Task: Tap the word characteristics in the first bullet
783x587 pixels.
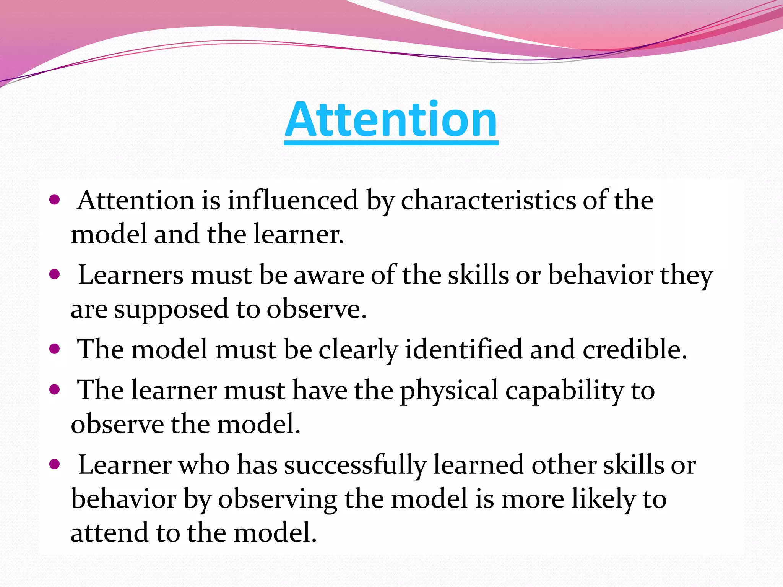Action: pos(488,200)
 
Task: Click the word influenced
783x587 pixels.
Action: pos(293,200)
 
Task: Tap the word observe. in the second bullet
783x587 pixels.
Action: pos(317,309)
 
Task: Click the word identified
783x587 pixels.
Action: pos(463,349)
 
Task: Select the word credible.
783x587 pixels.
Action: pos(635,349)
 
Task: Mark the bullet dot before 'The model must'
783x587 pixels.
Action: pos(55,349)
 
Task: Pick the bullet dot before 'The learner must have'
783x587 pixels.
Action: pos(55,389)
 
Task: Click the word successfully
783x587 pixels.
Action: pos(355,465)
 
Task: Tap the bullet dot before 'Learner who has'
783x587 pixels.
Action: pos(55,464)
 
